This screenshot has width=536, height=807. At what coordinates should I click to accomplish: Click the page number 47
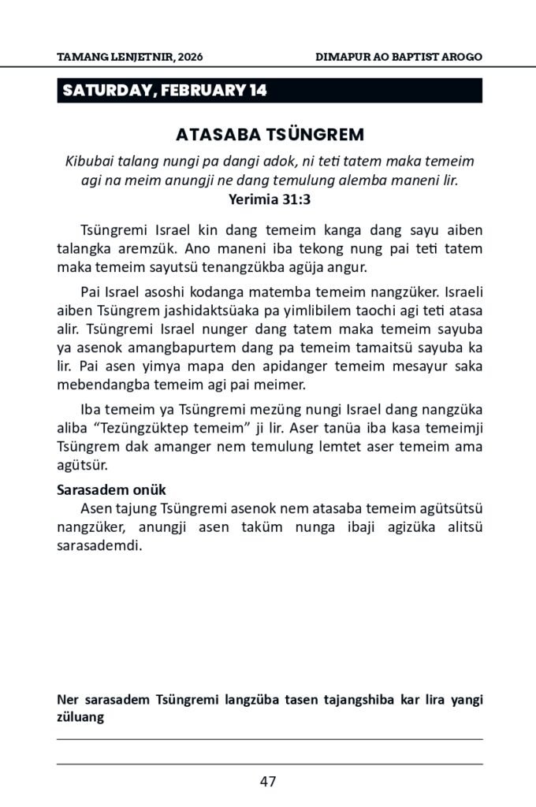pyautogui.click(x=268, y=782)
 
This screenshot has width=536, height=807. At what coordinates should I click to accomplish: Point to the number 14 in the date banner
pyautogui.click(x=258, y=91)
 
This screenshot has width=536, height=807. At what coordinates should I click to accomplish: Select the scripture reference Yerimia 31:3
pyautogui.click(x=269, y=199)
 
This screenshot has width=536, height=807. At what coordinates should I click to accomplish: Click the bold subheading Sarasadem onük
pyautogui.click(x=110, y=489)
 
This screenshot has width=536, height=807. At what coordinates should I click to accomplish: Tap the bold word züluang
pyautogui.click(x=82, y=717)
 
